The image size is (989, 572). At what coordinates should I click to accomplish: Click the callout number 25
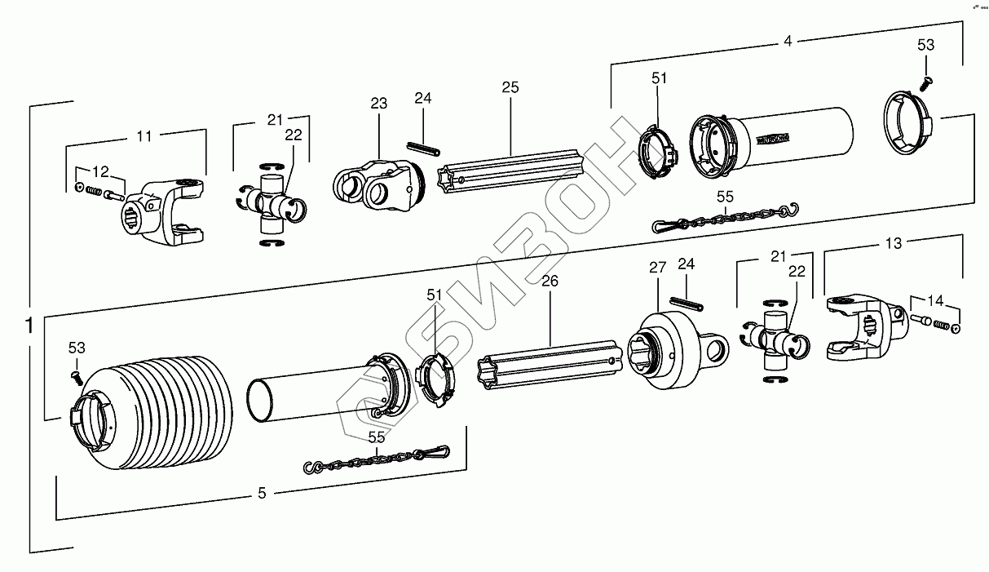click(510, 87)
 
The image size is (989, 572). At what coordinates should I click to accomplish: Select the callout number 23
click(378, 104)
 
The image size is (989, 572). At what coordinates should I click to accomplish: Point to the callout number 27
click(658, 268)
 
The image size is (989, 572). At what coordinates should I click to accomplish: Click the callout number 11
click(143, 136)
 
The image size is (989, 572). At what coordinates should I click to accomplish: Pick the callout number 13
click(894, 243)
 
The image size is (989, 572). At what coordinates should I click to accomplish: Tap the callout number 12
click(100, 171)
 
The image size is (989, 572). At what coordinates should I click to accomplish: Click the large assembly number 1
click(29, 326)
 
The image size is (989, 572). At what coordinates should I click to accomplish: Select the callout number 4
click(787, 40)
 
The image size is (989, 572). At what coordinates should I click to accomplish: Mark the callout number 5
click(262, 493)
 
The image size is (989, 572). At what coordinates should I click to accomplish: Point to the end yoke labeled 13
click(864, 326)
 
